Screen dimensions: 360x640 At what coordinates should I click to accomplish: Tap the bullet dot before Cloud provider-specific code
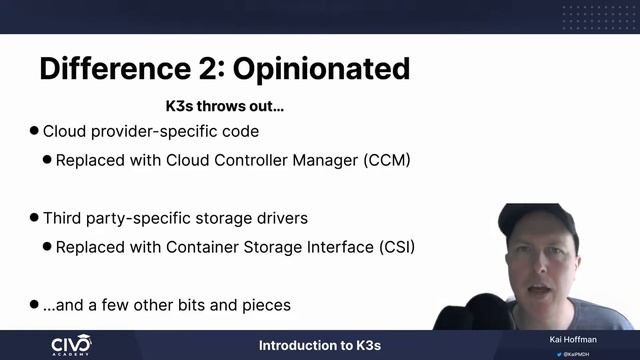(34, 131)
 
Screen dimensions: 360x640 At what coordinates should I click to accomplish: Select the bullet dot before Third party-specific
(34, 217)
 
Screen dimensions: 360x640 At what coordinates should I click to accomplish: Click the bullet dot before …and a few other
(34, 303)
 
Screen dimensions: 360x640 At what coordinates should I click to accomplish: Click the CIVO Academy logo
(71, 345)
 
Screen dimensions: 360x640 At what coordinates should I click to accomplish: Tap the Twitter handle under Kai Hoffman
(574, 353)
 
